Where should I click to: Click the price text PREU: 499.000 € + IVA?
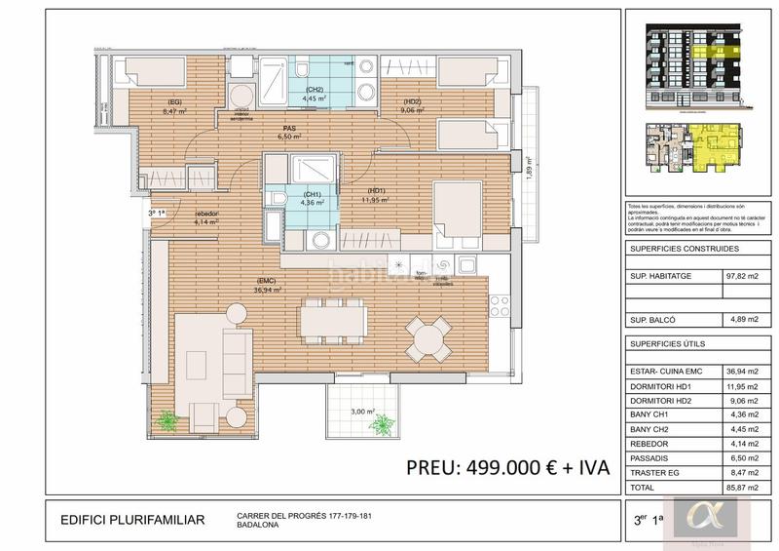pyautogui.click(x=507, y=466)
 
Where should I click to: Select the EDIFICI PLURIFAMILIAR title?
pyautogui.click(x=133, y=520)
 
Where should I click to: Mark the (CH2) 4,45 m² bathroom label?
pyautogui.click(x=312, y=96)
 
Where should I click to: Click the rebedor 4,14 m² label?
pyautogui.click(x=205, y=217)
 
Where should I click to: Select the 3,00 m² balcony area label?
pyautogui.click(x=363, y=413)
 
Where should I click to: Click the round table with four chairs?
pyautogui.click(x=427, y=337)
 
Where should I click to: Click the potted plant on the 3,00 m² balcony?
pyautogui.click(x=383, y=424)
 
